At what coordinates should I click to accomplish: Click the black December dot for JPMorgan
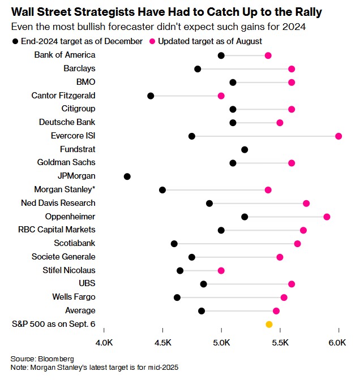click(127, 176)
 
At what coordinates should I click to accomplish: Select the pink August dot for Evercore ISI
click(338, 136)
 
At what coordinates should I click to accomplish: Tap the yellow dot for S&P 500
click(269, 324)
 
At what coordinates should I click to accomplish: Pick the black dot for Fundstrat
click(245, 149)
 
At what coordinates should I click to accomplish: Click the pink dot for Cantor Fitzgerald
click(221, 96)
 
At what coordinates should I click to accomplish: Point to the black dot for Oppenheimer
click(245, 217)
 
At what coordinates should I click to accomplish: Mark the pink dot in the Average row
click(276, 310)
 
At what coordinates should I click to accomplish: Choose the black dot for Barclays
click(198, 69)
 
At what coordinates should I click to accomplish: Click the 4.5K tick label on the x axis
click(163, 343)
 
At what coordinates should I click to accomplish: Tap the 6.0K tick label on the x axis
click(338, 343)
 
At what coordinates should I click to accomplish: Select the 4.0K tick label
click(105, 343)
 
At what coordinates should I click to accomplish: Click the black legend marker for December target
click(14, 41)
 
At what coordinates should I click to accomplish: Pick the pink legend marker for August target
click(152, 41)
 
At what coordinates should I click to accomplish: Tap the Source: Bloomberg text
click(42, 359)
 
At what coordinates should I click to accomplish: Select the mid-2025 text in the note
click(162, 367)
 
